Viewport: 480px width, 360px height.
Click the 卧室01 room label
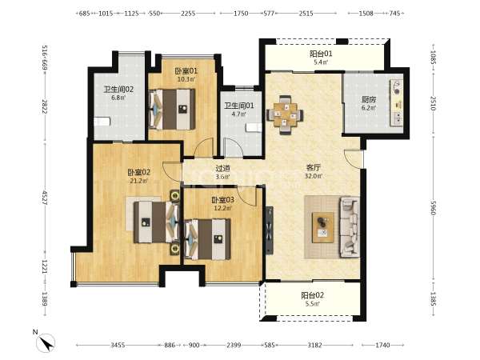pos(186,71)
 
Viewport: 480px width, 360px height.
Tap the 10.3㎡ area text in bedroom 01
pos(186,79)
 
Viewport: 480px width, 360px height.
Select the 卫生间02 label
pos(118,90)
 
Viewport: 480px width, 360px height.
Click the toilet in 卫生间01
pos(254,127)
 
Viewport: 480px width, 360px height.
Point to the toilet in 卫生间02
pos(102,122)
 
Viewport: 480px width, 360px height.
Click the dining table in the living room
pos(286,114)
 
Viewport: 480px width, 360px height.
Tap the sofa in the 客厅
pos(349,226)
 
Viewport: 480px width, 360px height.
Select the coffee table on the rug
pos(322,227)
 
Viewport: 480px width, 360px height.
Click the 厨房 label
pos(369,99)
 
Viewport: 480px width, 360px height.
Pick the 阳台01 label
pos(321,54)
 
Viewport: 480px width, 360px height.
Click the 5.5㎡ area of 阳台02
pos(312,304)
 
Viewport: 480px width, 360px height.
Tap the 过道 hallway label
pos(222,168)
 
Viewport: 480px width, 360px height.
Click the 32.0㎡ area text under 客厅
pos(313,176)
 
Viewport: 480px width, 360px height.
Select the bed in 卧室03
pos(207,239)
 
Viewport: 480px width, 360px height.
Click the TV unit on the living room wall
pos(269,230)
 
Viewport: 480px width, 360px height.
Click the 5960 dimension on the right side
pos(433,207)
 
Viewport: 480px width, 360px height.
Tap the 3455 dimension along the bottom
pos(118,345)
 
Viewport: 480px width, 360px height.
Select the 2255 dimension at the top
pos(188,14)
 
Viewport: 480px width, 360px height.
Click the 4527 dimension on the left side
pos(45,198)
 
